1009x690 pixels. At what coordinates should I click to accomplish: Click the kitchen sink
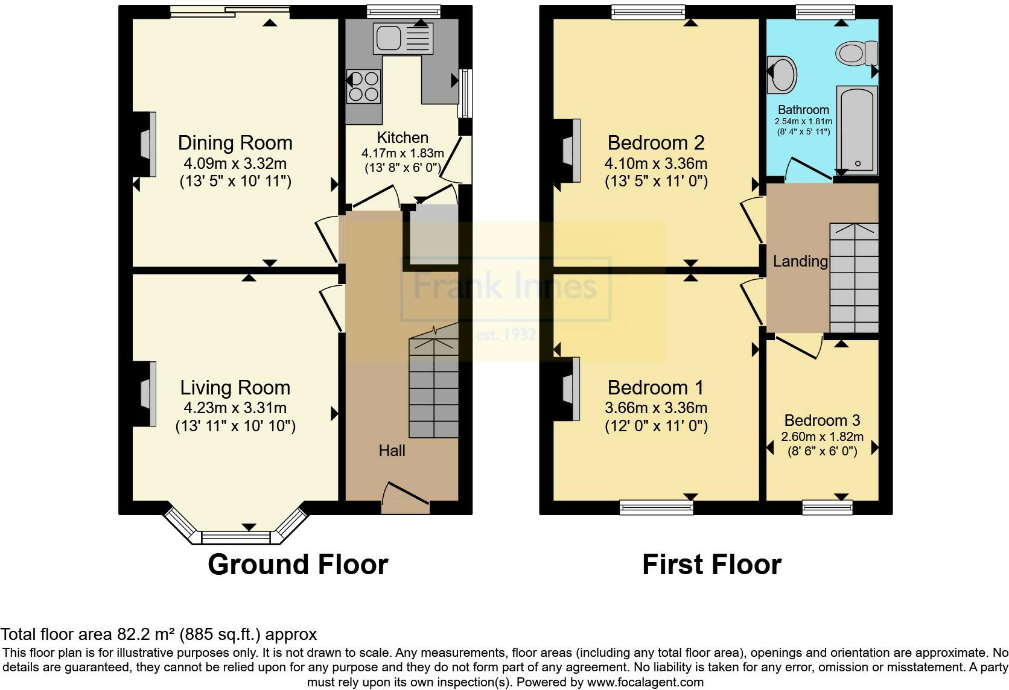point(403,38)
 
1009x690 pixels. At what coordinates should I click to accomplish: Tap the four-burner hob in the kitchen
point(364,86)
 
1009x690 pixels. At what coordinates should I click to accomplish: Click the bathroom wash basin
point(782,74)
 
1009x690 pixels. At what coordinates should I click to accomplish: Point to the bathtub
point(857,130)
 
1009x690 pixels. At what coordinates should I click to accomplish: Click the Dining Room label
point(235,143)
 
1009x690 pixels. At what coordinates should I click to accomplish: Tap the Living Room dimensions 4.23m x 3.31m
point(235,408)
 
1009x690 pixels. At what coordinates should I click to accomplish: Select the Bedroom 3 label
point(822,420)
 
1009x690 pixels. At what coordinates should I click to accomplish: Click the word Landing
point(800,261)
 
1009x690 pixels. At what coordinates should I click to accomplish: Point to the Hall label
point(392,451)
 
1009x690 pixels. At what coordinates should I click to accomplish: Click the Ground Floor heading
point(298,565)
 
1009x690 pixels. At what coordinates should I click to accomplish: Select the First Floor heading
point(711,565)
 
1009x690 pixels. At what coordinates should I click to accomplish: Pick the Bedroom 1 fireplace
point(567,389)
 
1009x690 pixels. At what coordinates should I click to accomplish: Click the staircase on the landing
point(854,277)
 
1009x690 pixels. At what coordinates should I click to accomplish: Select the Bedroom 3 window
point(827,507)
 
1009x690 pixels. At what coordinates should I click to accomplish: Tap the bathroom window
point(825,12)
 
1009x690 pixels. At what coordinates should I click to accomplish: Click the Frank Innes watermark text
point(505,286)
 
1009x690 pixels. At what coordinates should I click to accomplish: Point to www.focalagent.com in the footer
point(645,682)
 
